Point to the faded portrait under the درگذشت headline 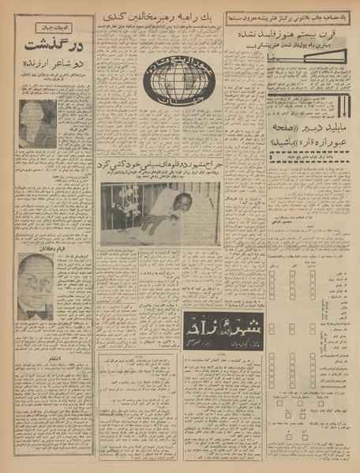coord(38,123)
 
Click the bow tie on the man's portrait coord(36,310)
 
